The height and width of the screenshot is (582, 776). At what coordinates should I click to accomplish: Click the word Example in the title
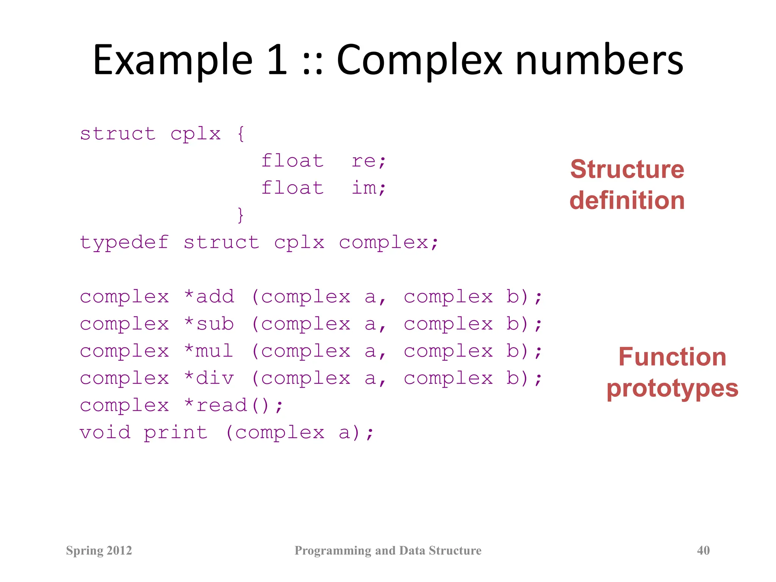pos(172,61)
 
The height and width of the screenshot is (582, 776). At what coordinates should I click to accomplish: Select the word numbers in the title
pos(599,61)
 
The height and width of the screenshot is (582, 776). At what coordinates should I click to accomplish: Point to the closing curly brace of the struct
pos(240,215)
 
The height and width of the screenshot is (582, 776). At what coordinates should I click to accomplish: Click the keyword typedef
pos(124,242)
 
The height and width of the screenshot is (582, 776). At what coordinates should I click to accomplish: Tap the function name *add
pos(209,297)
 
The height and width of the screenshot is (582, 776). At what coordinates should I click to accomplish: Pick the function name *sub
pos(209,324)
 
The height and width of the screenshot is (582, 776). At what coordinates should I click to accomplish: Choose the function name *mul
pos(208,351)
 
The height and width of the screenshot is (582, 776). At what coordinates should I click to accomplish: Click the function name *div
pos(209,378)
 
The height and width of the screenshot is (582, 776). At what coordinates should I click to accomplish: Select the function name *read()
pos(233,405)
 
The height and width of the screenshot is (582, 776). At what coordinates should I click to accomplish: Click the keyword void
pos(105,432)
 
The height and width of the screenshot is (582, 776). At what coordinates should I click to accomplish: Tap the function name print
pos(176,433)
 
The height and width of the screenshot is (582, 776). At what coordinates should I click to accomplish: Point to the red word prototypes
pos(672,389)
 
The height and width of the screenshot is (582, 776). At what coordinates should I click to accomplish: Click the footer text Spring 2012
pos(99,550)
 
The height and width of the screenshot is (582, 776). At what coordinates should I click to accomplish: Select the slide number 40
pos(703,550)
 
